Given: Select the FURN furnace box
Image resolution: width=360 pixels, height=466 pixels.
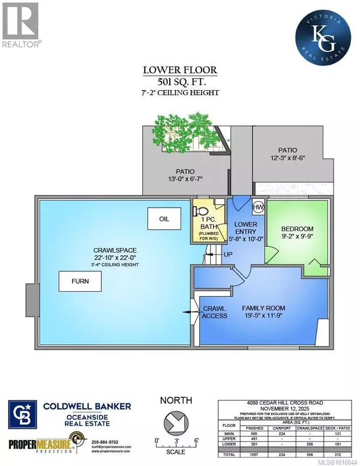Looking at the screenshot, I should coord(76,280).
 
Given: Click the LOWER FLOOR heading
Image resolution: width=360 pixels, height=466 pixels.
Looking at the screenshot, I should coord(180,69).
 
